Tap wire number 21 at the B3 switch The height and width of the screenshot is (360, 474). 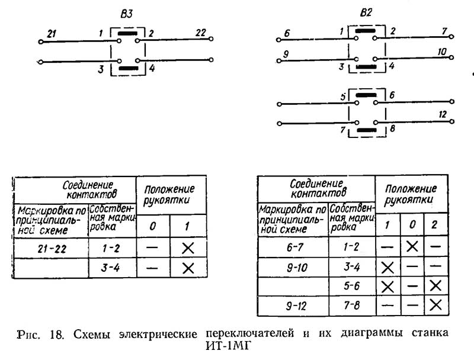click(52, 36)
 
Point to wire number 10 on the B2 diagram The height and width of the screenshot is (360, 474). click(441, 52)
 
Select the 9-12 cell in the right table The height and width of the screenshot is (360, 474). click(293, 306)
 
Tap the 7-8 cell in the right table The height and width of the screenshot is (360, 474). click(352, 306)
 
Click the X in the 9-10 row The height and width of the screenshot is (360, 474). click(388, 266)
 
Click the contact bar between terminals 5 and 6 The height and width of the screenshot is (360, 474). click(366, 94)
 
